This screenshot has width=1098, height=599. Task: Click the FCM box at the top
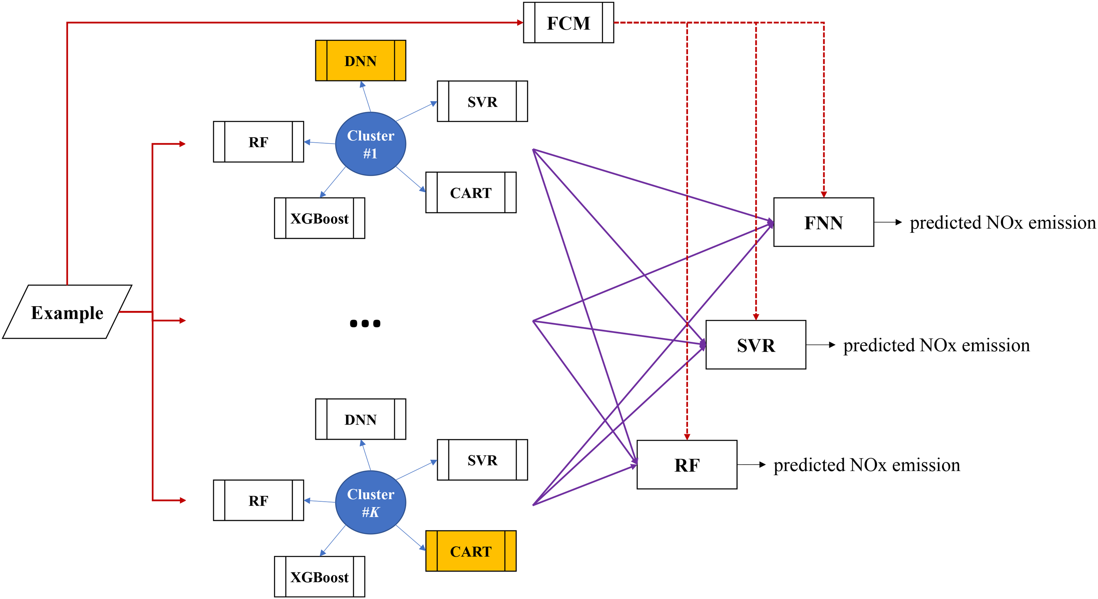tap(568, 22)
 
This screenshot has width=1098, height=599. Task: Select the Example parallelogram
tap(67, 312)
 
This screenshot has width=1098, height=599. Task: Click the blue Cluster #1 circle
tap(370, 144)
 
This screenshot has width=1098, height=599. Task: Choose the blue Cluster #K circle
tap(370, 502)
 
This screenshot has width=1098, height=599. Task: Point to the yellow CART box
tap(471, 551)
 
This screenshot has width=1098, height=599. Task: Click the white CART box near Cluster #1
tap(471, 193)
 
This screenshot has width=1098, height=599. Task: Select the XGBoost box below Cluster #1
tap(319, 218)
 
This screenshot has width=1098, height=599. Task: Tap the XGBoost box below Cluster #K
tap(319, 577)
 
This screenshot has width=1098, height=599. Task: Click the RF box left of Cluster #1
tap(258, 142)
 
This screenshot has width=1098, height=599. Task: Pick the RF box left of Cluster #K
tap(258, 500)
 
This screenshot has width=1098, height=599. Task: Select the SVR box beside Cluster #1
tap(482, 101)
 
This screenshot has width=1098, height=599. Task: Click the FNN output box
tap(824, 222)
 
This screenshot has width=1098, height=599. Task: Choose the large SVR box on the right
tap(756, 345)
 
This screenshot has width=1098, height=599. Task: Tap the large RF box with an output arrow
tap(687, 464)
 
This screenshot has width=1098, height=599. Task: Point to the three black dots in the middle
tap(365, 323)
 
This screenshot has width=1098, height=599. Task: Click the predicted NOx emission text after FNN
tap(1002, 223)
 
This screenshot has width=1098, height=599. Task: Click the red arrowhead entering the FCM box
tap(520, 22)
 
